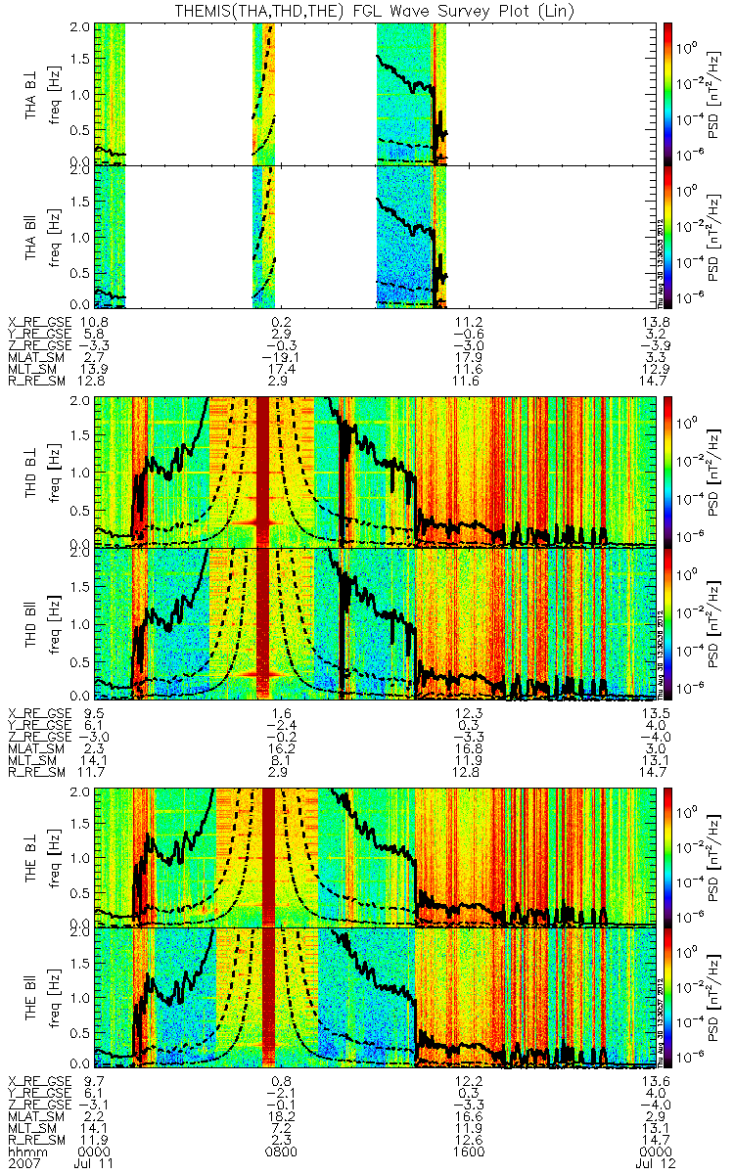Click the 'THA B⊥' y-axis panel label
32,94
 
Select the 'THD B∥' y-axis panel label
32,620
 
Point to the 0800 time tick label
282,1152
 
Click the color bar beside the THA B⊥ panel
668,94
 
